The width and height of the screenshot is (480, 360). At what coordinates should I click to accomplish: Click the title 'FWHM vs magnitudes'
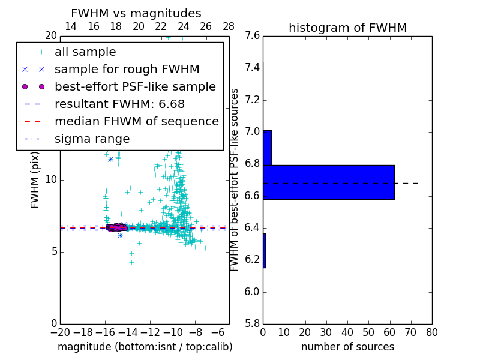click(x=136, y=14)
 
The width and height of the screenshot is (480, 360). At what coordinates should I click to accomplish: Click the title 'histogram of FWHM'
click(x=347, y=28)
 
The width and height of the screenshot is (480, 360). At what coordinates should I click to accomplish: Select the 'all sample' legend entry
click(x=85, y=52)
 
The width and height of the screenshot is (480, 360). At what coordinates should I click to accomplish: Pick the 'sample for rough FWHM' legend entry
click(x=127, y=69)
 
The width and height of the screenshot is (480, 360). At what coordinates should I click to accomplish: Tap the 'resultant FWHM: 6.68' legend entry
click(x=124, y=104)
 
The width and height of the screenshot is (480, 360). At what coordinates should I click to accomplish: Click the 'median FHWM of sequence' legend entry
click(x=136, y=121)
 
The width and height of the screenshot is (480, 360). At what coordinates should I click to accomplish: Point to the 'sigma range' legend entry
click(x=92, y=139)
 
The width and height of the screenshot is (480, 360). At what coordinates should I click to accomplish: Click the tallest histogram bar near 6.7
click(x=329, y=182)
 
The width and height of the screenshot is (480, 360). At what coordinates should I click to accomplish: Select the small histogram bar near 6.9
click(x=267, y=148)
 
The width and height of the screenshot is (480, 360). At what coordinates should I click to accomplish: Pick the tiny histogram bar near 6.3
click(x=264, y=251)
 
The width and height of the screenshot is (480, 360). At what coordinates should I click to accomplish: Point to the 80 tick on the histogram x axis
click(x=432, y=332)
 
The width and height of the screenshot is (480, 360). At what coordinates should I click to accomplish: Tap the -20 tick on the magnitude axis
click(x=60, y=332)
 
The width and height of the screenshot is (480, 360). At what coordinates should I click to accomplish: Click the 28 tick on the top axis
click(x=229, y=26)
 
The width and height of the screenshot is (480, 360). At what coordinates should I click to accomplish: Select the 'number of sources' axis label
click(x=347, y=347)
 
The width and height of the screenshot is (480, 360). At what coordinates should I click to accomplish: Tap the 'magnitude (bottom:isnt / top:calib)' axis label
click(x=145, y=347)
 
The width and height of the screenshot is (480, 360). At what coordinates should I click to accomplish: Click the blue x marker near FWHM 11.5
click(x=110, y=159)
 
